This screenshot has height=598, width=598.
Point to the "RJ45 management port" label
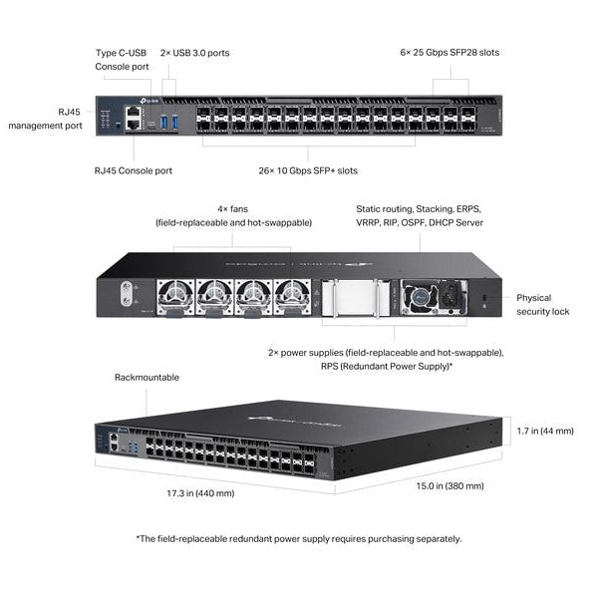click(44, 120)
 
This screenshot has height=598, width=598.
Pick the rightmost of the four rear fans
click(289, 295)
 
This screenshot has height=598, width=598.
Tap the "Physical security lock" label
click(543, 304)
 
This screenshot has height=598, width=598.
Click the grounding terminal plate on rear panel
click(127, 294)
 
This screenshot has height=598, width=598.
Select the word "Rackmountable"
click(147, 378)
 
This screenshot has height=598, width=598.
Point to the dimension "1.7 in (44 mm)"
click(546, 431)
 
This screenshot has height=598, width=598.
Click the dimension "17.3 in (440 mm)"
click(201, 493)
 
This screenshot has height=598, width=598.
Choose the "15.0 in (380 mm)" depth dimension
click(450, 485)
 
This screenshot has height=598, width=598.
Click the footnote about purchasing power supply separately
click(299, 538)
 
